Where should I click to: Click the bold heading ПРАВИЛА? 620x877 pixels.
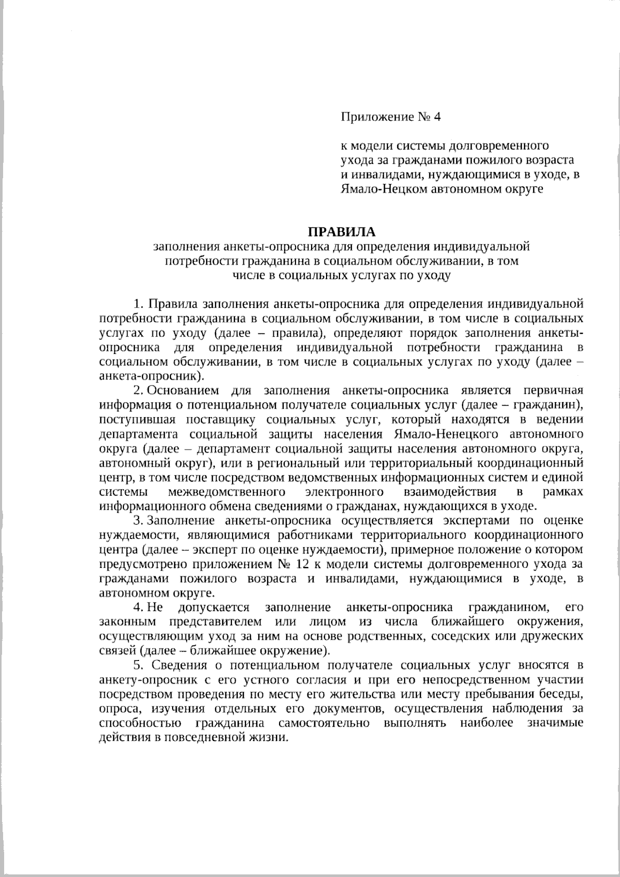(x=343, y=231)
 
